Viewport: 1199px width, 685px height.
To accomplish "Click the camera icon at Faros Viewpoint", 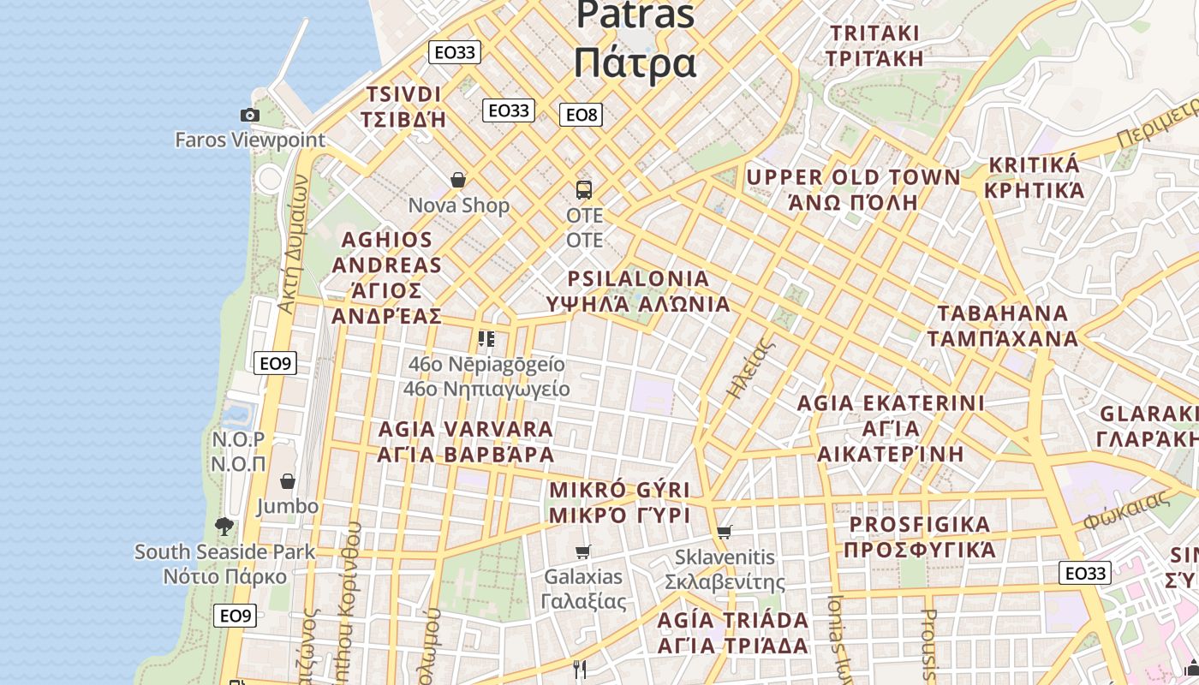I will click(x=249, y=115).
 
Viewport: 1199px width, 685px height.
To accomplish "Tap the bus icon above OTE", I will click(x=584, y=189).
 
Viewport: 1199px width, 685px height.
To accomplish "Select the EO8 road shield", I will click(x=581, y=114).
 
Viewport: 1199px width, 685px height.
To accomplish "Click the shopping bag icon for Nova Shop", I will click(x=458, y=180).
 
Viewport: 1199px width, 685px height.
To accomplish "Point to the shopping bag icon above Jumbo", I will click(x=288, y=481).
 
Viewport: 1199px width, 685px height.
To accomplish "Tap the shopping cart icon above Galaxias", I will click(x=583, y=551).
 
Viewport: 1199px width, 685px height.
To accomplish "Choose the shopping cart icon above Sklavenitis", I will click(x=725, y=532).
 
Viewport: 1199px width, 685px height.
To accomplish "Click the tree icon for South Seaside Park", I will click(x=224, y=527).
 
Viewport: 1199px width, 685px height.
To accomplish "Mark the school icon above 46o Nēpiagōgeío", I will click(x=486, y=339).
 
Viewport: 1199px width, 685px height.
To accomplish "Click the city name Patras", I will click(x=635, y=15).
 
